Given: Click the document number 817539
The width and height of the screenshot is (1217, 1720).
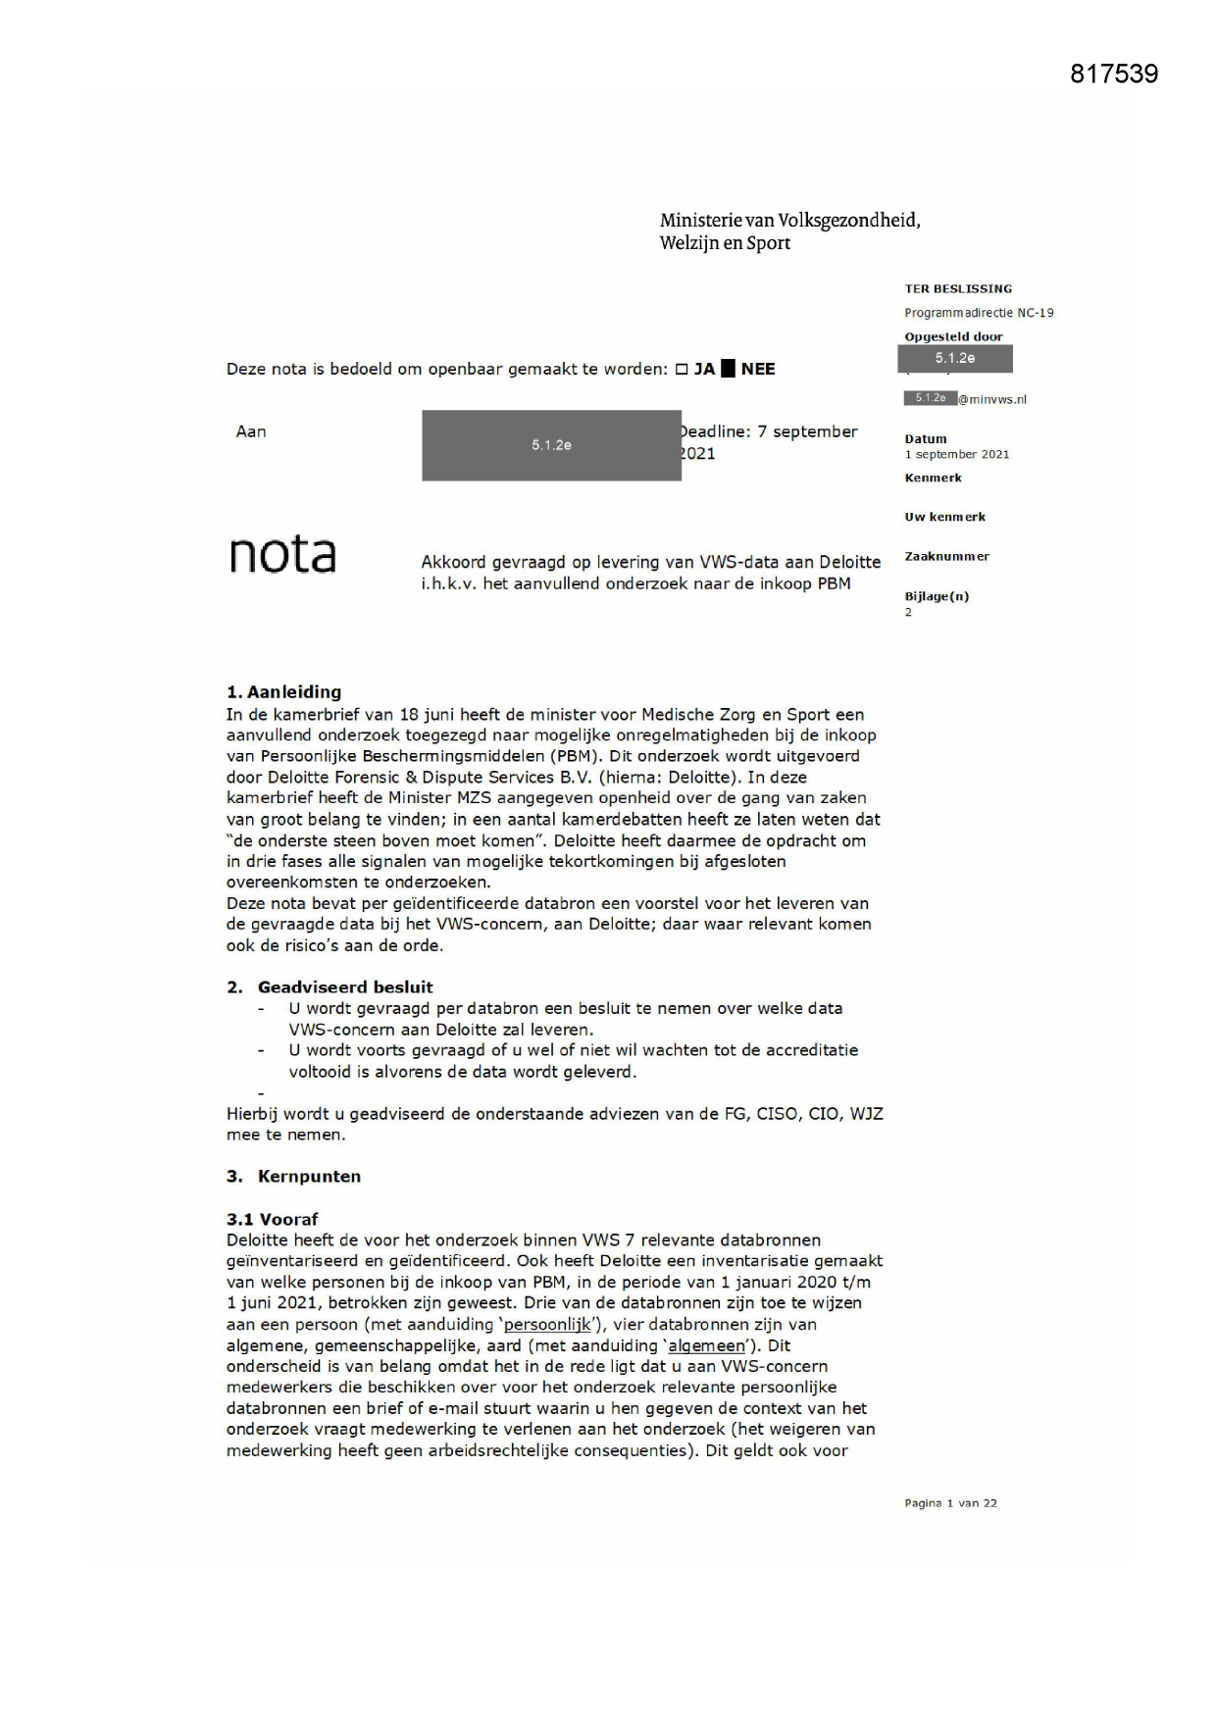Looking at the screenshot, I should tap(1113, 75).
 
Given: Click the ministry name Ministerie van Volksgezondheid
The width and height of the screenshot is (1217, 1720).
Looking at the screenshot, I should tap(789, 221).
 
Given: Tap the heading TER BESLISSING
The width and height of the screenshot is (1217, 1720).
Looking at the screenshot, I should tap(957, 289).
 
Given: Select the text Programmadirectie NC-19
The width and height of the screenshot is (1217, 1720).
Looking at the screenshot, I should tap(978, 313).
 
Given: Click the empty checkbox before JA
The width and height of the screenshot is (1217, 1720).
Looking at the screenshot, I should tap(682, 370).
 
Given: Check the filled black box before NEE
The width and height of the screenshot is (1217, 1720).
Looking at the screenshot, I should tap(728, 370).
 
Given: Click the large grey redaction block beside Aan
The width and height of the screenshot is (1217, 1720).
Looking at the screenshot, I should tap(551, 445).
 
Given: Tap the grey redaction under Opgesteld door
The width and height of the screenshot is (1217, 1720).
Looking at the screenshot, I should tap(954, 359).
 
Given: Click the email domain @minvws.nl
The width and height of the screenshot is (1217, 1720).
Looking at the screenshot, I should tap(991, 399).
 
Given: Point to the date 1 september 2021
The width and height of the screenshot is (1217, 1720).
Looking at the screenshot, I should tap(955, 454).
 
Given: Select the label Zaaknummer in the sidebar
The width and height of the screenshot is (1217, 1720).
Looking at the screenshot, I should tap(946, 557).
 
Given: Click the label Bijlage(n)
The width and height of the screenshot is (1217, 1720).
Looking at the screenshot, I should tap(936, 596).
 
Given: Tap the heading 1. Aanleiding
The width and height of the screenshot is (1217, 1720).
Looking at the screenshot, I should tap(283, 692).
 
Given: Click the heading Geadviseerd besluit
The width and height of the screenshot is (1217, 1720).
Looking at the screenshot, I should tap(344, 987).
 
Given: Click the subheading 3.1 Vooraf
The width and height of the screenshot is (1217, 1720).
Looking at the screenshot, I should tap(272, 1220).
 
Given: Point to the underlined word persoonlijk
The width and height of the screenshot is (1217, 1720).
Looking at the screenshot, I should tap(546, 1325).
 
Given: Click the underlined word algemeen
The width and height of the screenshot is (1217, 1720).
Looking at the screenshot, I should tap(705, 1346).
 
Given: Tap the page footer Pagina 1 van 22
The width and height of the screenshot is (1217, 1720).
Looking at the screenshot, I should tap(949, 1503).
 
